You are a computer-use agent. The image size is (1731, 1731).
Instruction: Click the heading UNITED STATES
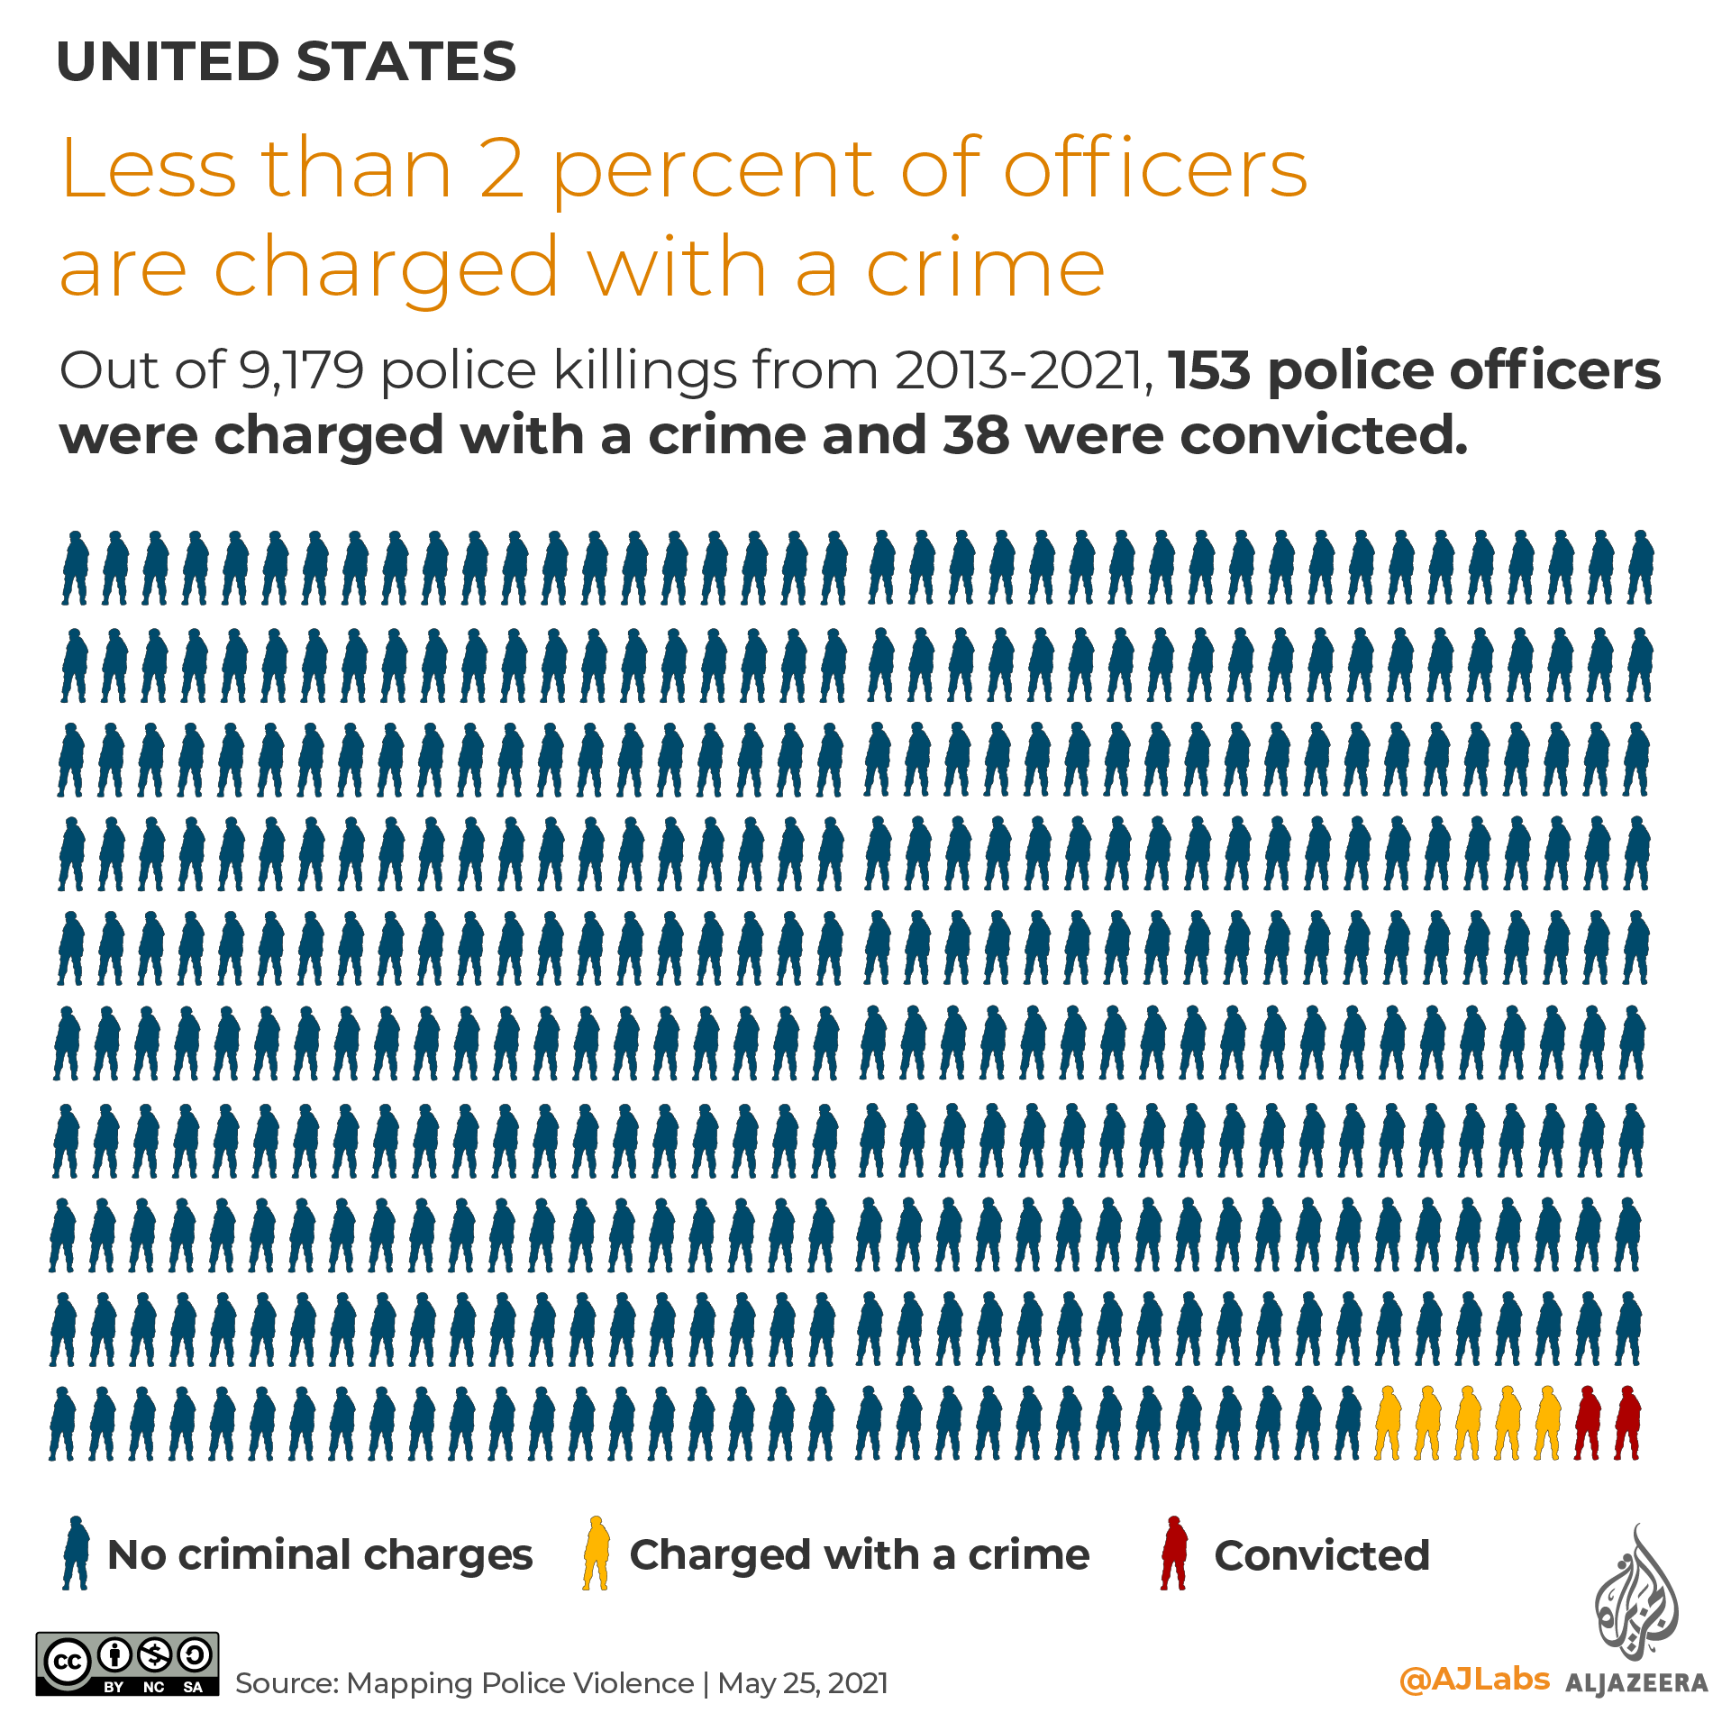(x=287, y=62)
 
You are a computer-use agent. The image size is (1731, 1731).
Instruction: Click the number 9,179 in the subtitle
(x=301, y=370)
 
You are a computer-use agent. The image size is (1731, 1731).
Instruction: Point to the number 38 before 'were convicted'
(x=976, y=435)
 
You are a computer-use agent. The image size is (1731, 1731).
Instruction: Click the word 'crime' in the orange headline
(x=985, y=268)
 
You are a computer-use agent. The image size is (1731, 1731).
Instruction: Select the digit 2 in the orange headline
(x=502, y=169)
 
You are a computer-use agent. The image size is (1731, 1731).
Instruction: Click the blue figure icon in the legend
(x=76, y=1552)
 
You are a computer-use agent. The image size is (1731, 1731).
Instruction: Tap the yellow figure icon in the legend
(x=597, y=1552)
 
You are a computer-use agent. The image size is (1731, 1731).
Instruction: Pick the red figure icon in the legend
(x=1173, y=1552)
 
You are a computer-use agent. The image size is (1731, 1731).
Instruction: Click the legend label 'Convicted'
(x=1322, y=1555)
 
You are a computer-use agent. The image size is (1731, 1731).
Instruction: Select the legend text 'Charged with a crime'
(x=860, y=1555)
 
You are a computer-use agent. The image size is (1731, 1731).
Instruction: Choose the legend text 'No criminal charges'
(x=320, y=1555)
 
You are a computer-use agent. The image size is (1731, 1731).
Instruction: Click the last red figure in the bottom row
(x=1627, y=1423)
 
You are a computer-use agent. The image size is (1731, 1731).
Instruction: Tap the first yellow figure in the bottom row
(x=1388, y=1423)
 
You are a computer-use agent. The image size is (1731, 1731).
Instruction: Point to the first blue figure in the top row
(x=75, y=568)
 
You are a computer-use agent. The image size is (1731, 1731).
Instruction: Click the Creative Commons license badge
(x=127, y=1663)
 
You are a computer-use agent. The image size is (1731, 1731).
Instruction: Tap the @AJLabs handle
(x=1474, y=1679)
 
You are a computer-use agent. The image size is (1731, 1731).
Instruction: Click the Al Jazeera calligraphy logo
(x=1636, y=1595)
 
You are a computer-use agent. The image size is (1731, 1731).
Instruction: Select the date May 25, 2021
(x=803, y=1683)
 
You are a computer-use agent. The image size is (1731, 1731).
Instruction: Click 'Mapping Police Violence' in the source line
(x=520, y=1683)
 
